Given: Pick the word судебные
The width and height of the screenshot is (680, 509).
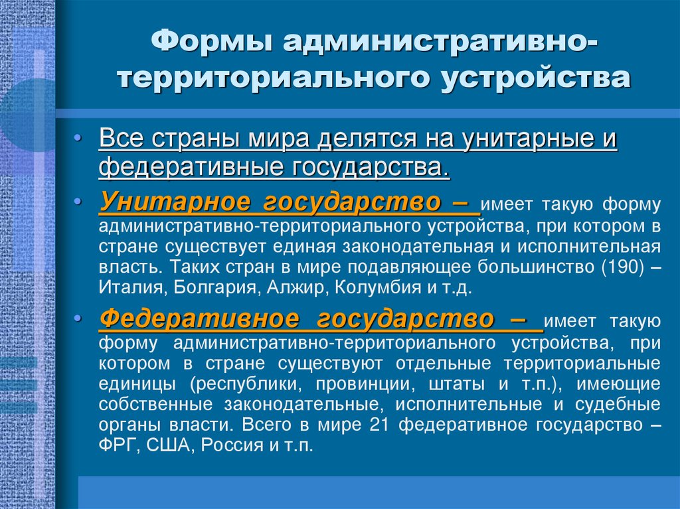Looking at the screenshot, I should pos(622,404).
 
